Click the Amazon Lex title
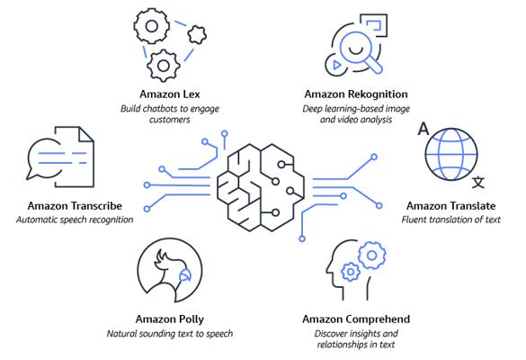(x=170, y=94)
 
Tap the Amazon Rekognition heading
(x=356, y=94)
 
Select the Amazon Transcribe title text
(x=75, y=205)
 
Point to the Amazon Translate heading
(x=450, y=205)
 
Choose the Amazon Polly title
(x=170, y=319)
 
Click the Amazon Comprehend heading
(x=356, y=319)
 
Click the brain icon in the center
(x=261, y=187)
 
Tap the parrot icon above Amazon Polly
(x=170, y=270)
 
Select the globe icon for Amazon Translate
(x=451, y=154)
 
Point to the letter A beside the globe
(x=423, y=130)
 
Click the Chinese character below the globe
(x=478, y=183)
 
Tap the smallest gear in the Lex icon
(x=197, y=35)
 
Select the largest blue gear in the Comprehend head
(x=371, y=256)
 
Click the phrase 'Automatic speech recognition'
(x=75, y=220)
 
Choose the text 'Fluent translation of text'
(x=450, y=220)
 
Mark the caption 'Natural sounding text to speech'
(x=170, y=334)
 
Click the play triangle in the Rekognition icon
(x=336, y=65)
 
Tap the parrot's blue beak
(x=185, y=275)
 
